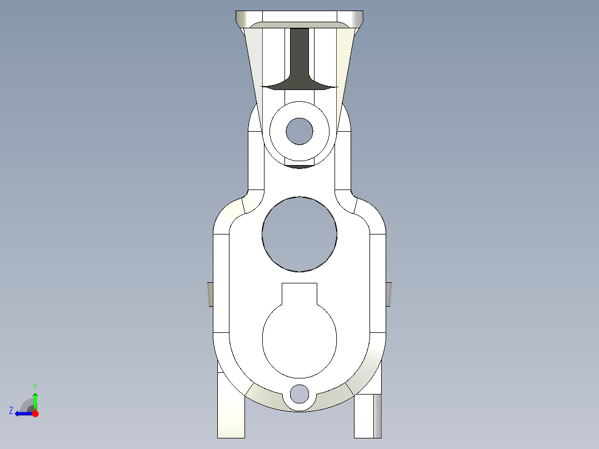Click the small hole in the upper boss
click(299, 131)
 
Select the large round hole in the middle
click(299, 234)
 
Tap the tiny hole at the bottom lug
click(299, 393)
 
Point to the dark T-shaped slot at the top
click(299, 61)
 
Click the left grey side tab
click(211, 293)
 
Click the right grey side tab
click(388, 293)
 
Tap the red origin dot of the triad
click(35, 413)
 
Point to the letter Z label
click(11, 411)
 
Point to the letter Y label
click(34, 386)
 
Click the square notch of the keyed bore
click(299, 293)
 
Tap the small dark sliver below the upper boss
click(299, 166)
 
